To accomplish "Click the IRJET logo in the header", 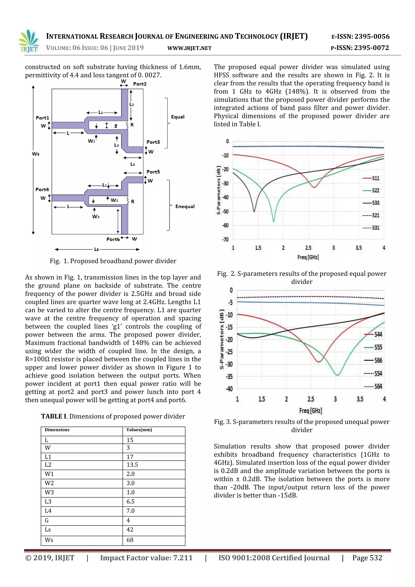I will coord(29,41).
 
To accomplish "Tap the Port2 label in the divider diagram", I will coord(140,84).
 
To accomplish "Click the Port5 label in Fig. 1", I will coord(153,172).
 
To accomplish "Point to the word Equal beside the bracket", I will coord(178,117).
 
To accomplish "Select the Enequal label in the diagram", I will coord(185,206).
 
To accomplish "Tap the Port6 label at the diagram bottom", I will coord(113,239).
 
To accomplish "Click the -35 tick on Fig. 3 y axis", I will coord(229,377).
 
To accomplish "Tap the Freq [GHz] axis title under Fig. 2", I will coord(308,257).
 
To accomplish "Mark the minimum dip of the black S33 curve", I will coord(254,211).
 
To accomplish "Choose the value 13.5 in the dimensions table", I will coord(132,465).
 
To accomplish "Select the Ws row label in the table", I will coord(49,540).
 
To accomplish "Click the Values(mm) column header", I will coord(139,430).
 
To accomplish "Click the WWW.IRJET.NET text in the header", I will coord(189,48).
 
